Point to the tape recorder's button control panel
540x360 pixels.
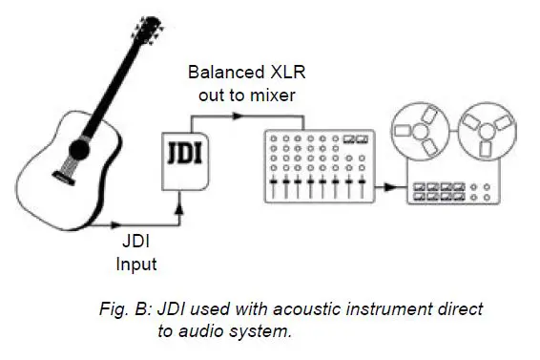pyautogui.click(x=449, y=191)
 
